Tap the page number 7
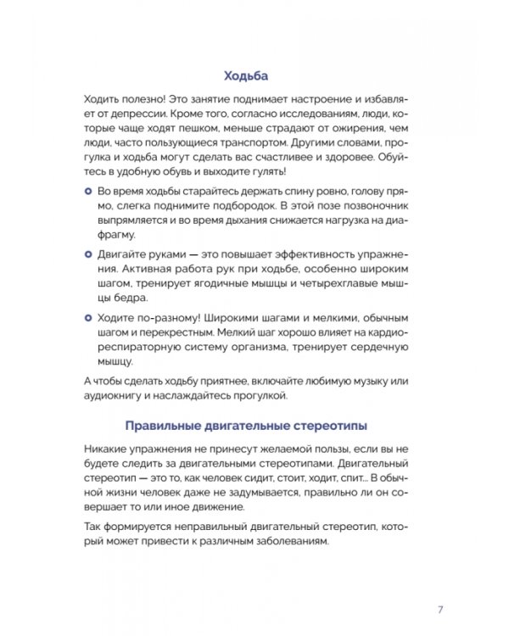tap(440, 609)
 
